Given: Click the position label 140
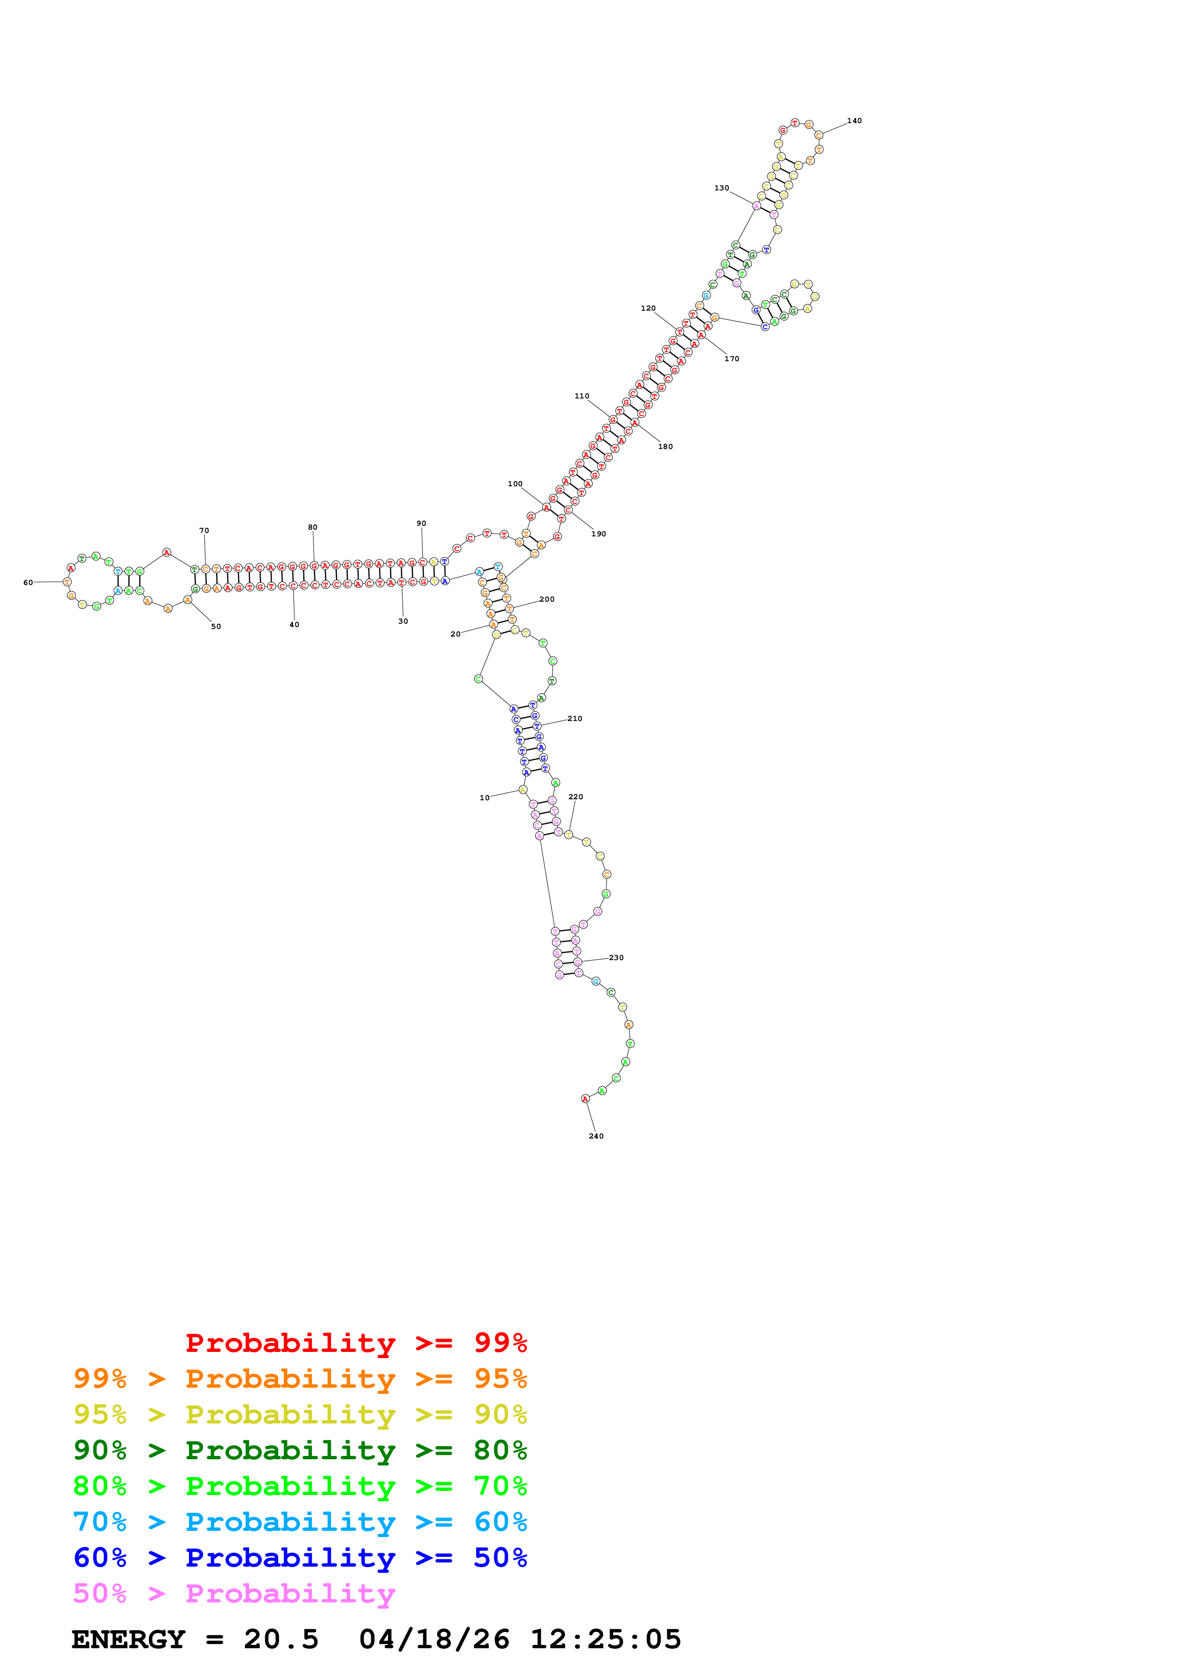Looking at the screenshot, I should tap(854, 121).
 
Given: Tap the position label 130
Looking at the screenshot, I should tap(721, 188).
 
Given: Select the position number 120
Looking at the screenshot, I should tap(648, 308).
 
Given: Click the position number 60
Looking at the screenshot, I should tap(28, 583).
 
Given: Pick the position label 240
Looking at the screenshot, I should tap(596, 1136).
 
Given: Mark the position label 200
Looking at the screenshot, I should tap(547, 599).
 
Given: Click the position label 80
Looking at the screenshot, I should tap(312, 527).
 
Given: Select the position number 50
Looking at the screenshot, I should tap(216, 626).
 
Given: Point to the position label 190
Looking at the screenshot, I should tap(598, 534).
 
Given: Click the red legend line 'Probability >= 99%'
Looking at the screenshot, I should tap(356, 1343).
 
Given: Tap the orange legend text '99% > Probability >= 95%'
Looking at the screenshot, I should tap(300, 1379).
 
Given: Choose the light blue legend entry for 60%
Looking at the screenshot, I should tap(300, 1522).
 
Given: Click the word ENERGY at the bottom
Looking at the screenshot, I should tap(128, 1639).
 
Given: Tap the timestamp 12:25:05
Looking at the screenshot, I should tap(605, 1639).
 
